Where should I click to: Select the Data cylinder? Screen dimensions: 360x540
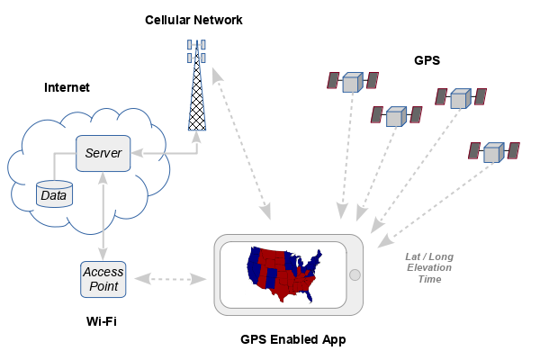[x=53, y=193]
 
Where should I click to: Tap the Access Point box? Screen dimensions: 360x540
[x=103, y=279]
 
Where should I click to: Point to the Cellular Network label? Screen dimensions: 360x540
[x=193, y=20]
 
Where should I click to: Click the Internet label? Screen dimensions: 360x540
[x=67, y=87]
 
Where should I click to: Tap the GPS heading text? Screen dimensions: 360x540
[x=427, y=61]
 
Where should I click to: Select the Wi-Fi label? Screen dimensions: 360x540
[x=101, y=321]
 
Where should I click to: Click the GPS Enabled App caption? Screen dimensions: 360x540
[x=293, y=339]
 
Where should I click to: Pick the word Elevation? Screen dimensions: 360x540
[x=429, y=267]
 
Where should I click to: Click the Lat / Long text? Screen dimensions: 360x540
[x=429, y=256]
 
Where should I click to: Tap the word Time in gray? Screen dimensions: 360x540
[x=429, y=279]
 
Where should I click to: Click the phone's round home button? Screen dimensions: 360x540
[x=355, y=274]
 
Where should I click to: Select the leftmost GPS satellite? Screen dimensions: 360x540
[x=352, y=81]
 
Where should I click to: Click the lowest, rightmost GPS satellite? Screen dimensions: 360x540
[x=492, y=151]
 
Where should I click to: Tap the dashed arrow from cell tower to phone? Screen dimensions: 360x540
[x=240, y=144]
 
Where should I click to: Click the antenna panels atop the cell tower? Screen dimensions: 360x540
[x=196, y=50]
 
